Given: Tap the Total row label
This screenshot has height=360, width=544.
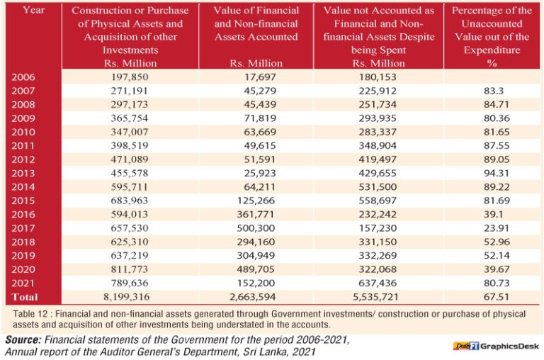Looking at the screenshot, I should click(x=25, y=296).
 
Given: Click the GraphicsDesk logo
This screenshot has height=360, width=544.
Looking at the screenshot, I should click(x=492, y=346).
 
